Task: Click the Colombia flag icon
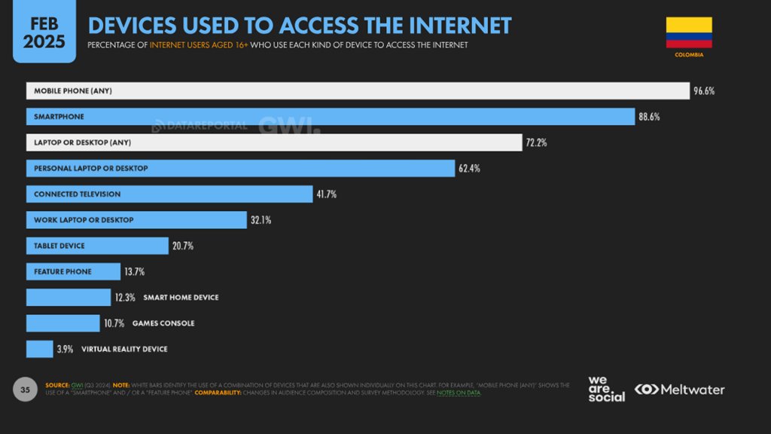point(689,32)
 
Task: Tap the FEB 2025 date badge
point(44,32)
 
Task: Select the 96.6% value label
point(704,91)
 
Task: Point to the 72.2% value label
point(536,142)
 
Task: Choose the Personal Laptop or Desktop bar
point(240,168)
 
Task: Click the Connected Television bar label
point(77,194)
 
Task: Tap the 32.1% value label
point(261,220)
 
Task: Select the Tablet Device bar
point(97,246)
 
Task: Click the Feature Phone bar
point(73,271)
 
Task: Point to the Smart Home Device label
point(180,298)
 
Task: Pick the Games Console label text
point(163,323)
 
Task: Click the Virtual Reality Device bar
point(39,349)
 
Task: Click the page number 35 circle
point(25,390)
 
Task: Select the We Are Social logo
point(606,389)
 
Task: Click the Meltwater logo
point(679,390)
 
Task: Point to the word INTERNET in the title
point(461,26)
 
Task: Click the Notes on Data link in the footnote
point(459,393)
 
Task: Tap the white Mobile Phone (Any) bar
point(358,91)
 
